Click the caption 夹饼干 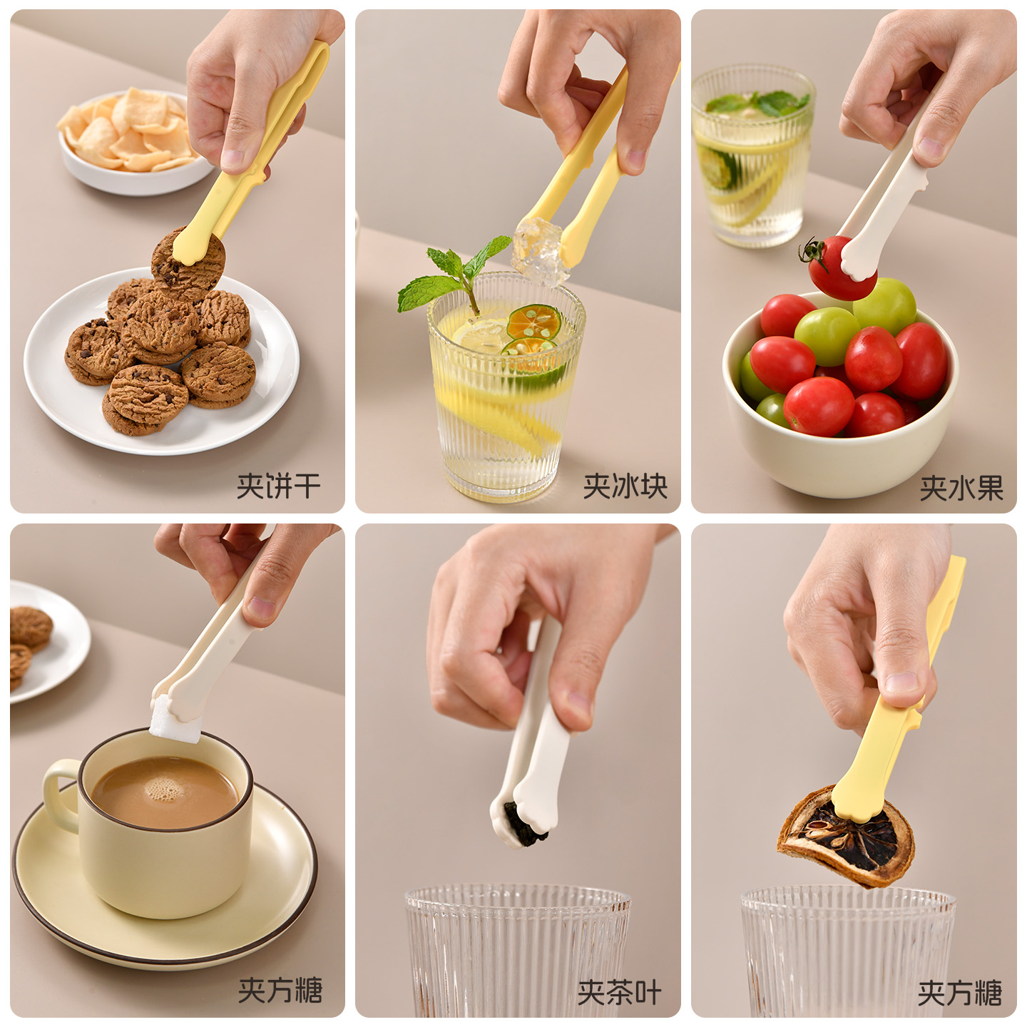click(x=278, y=486)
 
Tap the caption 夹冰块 click(x=625, y=486)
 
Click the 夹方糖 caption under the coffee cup click(x=280, y=990)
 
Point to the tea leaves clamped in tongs click(x=524, y=826)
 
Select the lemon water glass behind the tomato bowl click(x=752, y=155)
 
